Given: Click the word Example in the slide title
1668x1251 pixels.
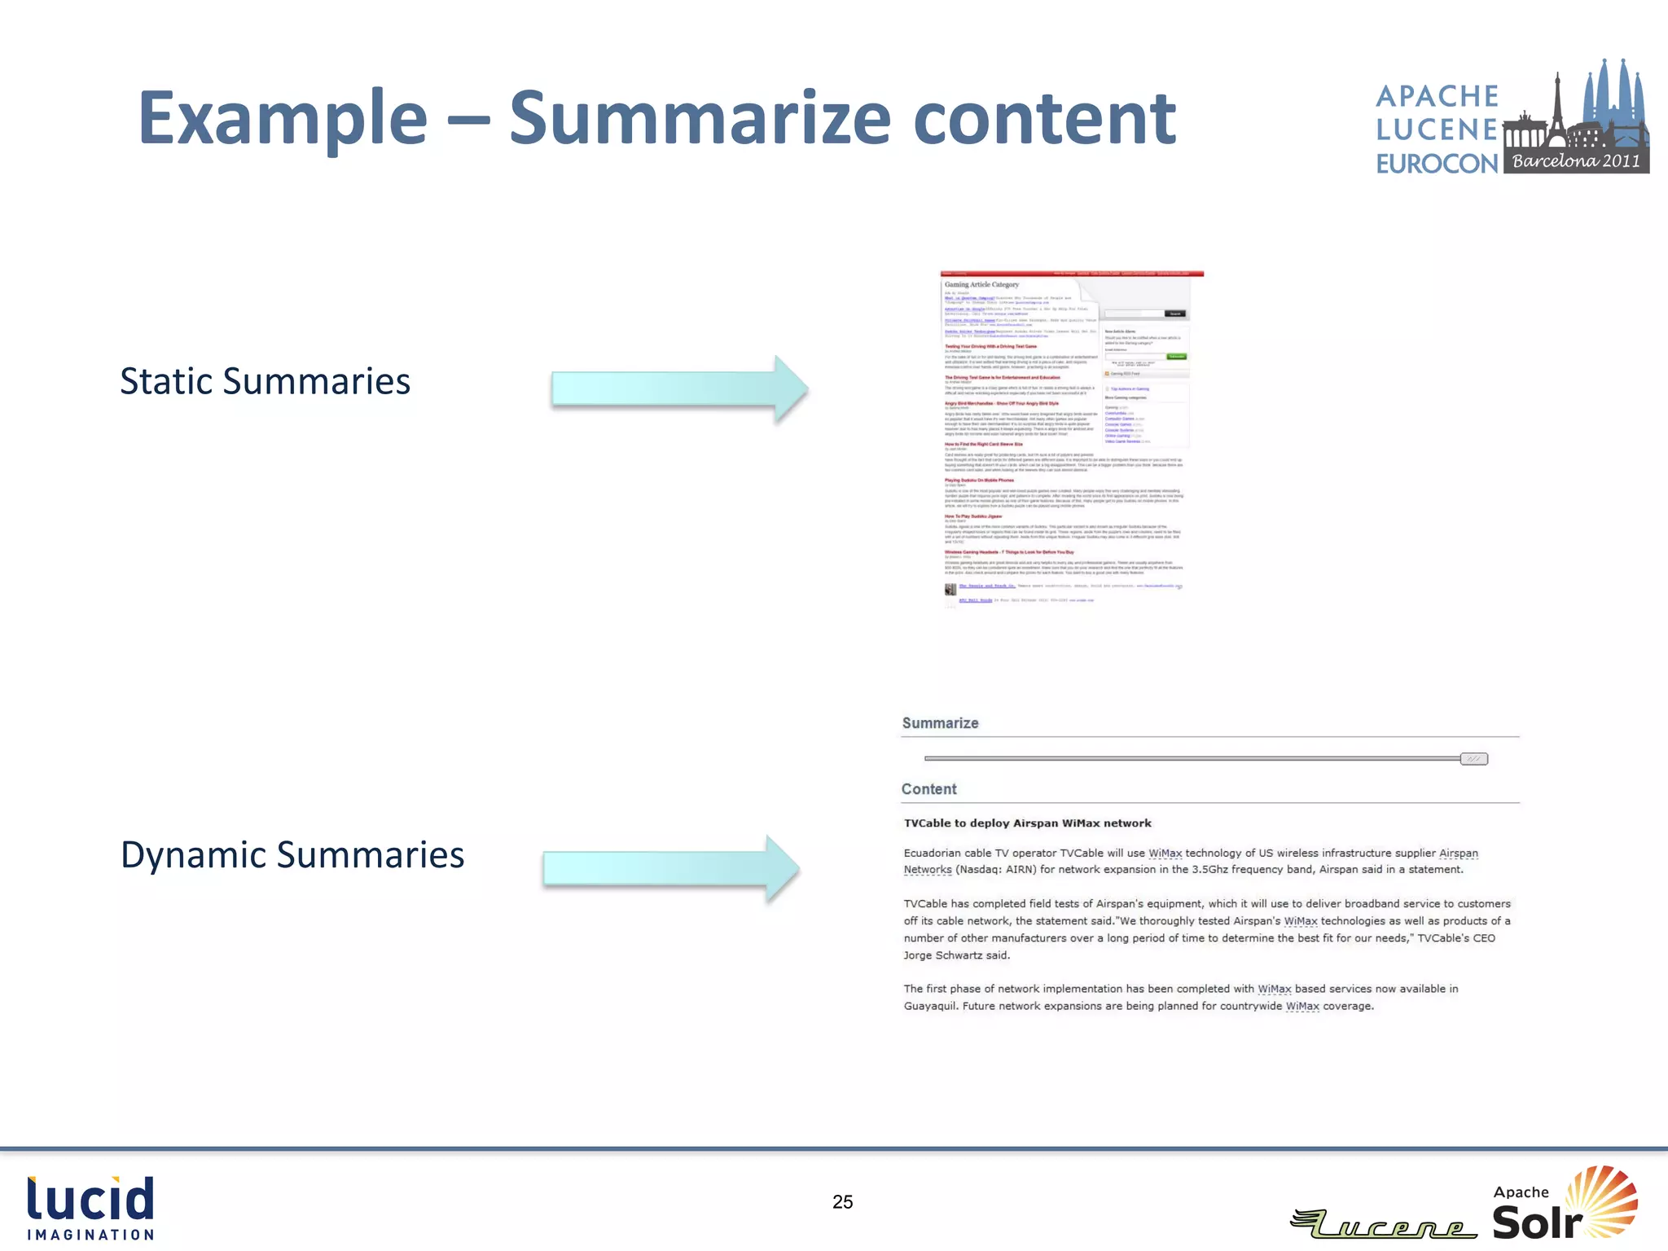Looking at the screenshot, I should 283,119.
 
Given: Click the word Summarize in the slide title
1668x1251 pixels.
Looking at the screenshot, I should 700,119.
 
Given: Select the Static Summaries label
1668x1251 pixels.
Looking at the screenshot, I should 265,381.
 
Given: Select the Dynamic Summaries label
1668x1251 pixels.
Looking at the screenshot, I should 292,854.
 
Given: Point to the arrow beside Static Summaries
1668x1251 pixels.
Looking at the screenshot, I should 678,389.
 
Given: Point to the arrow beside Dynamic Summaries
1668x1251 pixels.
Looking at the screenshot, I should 670,868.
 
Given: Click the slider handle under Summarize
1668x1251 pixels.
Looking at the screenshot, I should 1473,759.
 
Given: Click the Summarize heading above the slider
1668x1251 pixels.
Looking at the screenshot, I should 940,723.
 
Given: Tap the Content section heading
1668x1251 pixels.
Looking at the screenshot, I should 928,789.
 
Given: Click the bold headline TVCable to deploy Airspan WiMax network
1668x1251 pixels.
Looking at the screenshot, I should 1027,823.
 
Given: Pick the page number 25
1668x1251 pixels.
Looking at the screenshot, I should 842,1202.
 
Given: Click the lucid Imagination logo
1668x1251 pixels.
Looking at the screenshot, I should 90,1208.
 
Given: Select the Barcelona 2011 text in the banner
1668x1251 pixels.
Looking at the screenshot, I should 1576,161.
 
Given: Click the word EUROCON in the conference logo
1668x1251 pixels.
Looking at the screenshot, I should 1437,164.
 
